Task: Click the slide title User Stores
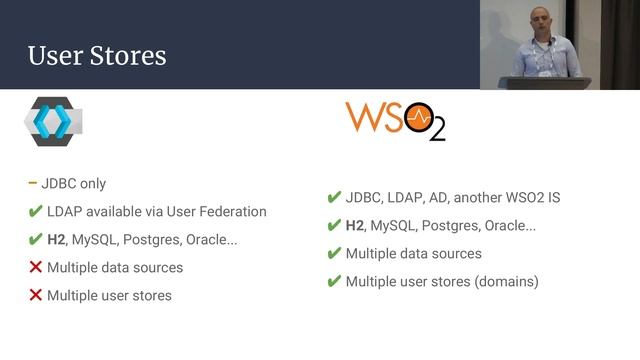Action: pos(97,55)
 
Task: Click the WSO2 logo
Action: pos(396,119)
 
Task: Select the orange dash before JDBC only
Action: pos(33,183)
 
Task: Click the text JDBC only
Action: pos(76,184)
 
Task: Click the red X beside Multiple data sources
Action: pos(35,267)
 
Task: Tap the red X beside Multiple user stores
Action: pos(35,295)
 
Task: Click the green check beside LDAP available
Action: pos(35,212)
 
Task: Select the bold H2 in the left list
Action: pos(56,240)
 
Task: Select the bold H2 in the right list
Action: pos(355,226)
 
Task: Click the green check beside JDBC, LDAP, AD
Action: pos(334,198)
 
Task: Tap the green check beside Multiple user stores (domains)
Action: pos(334,282)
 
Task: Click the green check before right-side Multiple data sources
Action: pos(334,254)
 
